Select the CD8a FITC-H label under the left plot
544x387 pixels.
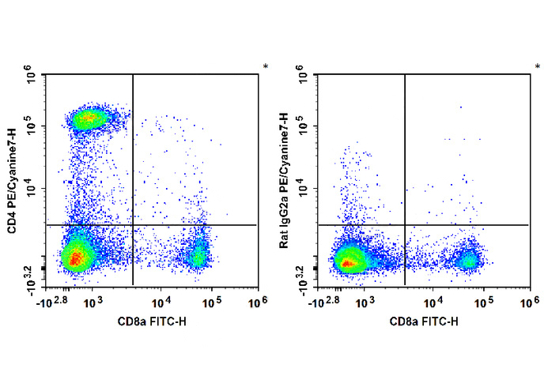[152, 321]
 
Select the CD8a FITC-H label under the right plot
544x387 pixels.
[423, 321]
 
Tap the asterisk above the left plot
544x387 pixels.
[266, 67]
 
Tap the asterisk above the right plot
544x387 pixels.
[537, 67]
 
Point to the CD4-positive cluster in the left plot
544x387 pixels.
[89, 119]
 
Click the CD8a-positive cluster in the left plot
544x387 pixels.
[197, 255]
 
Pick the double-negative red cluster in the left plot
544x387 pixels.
[76, 257]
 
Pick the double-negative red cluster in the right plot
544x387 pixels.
[347, 260]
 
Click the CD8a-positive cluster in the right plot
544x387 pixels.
[469, 260]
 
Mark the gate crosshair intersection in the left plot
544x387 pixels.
[133, 225]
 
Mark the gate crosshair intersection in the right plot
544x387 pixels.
[405, 225]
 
